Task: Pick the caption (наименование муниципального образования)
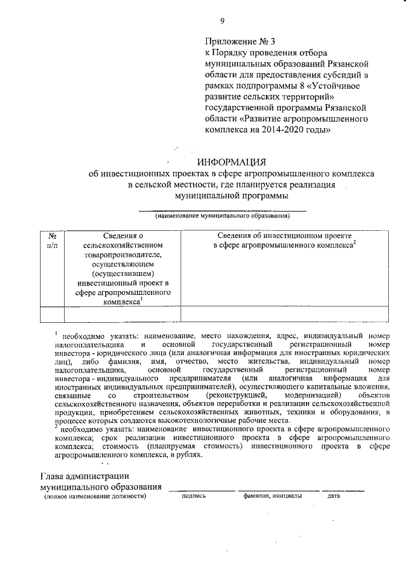[223, 216]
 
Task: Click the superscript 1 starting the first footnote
[56, 332]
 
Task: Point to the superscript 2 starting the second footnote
[56, 427]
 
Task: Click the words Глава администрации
[85, 476]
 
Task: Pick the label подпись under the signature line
[193, 496]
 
